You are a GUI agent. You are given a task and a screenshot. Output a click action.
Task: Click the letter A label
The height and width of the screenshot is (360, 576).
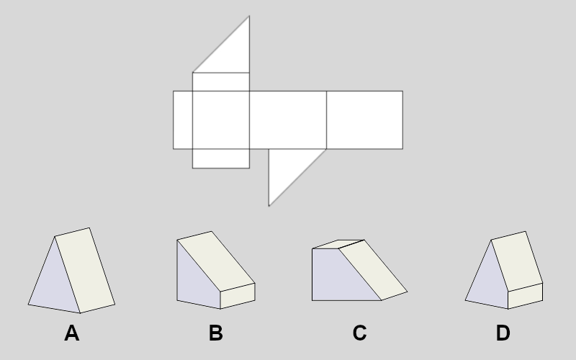click(x=72, y=333)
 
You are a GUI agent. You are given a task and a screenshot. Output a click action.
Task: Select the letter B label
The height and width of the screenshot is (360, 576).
click(x=215, y=333)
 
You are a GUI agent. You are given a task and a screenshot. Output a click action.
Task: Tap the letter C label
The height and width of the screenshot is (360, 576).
click(x=359, y=333)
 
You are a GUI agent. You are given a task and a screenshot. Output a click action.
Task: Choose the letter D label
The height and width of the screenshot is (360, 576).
click(x=503, y=333)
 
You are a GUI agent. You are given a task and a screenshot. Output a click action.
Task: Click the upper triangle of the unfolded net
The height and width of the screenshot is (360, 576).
click(x=230, y=53)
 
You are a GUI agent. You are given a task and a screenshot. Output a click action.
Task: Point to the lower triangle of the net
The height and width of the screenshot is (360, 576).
click(x=288, y=168)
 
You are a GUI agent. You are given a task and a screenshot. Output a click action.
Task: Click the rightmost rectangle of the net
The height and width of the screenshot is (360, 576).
click(x=364, y=120)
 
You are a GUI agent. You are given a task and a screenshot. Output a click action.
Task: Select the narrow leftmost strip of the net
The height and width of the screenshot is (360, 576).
click(x=183, y=120)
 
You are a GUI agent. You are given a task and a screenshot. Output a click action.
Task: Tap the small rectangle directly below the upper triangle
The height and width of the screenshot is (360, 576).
click(x=221, y=81)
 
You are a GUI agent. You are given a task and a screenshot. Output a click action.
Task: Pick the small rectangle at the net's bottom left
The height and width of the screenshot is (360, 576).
click(x=221, y=158)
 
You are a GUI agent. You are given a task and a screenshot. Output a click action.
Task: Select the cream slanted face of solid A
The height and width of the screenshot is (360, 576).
click(x=85, y=271)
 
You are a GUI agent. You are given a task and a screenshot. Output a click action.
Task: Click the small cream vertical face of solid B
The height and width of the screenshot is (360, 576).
click(x=238, y=296)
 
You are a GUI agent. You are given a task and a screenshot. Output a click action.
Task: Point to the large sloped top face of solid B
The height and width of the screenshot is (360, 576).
click(x=216, y=261)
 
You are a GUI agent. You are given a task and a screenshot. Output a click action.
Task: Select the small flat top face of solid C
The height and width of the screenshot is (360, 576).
click(x=338, y=244)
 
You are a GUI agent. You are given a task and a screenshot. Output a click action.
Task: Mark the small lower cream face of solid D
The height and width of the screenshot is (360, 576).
click(x=526, y=296)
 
